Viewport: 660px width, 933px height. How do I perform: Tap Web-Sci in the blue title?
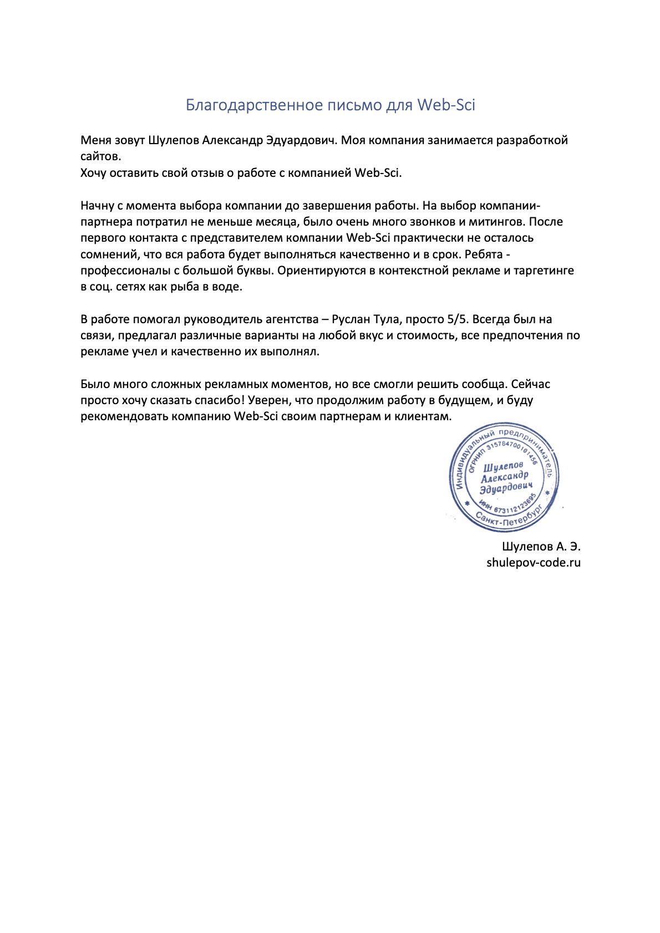coord(446,105)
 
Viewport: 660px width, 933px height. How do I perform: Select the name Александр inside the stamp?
coord(505,477)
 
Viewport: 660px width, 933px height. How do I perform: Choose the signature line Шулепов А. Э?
coord(541,547)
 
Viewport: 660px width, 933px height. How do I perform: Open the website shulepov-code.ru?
coord(534,563)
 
